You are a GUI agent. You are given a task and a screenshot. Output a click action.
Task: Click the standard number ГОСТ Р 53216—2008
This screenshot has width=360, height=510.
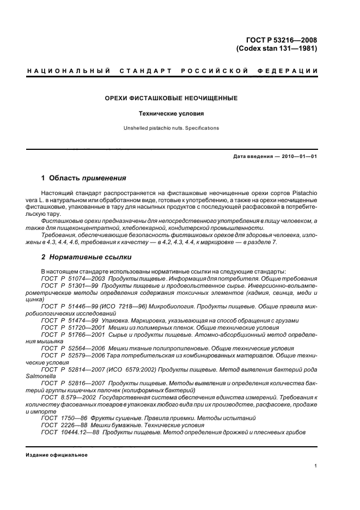click(282, 39)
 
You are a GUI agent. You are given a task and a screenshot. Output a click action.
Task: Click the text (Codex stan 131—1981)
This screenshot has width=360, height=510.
click(277, 48)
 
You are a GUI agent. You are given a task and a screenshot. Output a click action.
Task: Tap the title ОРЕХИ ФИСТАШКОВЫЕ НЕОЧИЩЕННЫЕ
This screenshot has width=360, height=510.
click(171, 99)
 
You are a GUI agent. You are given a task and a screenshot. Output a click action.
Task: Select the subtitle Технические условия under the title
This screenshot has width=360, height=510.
click(171, 114)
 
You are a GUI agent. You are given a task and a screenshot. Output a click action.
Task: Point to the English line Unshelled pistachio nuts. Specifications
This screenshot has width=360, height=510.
click(171, 128)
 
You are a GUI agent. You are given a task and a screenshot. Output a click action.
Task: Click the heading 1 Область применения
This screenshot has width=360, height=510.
click(84, 178)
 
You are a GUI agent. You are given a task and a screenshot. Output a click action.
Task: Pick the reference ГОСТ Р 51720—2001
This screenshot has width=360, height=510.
click(70, 327)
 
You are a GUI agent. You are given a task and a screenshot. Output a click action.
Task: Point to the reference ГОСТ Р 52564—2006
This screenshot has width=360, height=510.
click(70, 348)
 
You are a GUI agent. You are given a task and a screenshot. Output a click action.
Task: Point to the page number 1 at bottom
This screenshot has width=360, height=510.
click(316, 466)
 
